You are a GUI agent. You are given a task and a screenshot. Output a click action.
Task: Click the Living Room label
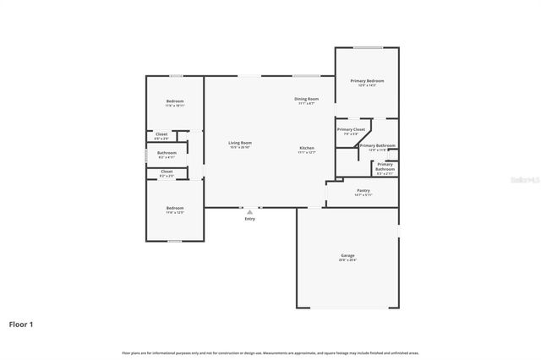pos(240,143)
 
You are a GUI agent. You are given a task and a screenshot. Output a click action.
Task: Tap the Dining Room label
pos(306,99)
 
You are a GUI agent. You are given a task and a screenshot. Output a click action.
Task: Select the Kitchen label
pos(306,148)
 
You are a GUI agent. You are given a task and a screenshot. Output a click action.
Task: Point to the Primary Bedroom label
pos(367,81)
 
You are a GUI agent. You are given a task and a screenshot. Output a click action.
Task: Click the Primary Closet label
pos(351,129)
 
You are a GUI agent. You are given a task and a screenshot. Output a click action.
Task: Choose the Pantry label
pos(363,190)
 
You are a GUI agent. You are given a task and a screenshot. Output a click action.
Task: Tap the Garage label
pos(347,255)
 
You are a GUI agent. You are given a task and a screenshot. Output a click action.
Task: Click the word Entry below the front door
pos(249,219)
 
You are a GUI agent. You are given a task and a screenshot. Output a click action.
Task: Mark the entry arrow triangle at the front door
pos(249,211)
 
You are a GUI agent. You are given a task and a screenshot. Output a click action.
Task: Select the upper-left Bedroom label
pos(174,101)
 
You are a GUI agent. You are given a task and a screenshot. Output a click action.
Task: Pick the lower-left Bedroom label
pos(174,208)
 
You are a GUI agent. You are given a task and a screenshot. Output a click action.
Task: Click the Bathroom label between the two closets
pos(167,153)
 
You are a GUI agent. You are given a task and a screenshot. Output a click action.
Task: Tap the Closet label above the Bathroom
pos(161,134)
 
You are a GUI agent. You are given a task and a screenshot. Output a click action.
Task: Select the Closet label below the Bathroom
pos(167,172)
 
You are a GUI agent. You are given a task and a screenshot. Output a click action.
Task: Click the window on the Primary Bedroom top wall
pos(367,47)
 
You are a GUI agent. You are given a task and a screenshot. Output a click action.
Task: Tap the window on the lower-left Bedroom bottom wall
pos(173,241)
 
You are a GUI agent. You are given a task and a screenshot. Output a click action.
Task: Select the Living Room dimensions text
pos(240,148)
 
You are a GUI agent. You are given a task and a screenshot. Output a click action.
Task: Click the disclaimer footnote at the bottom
pos(270,352)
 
